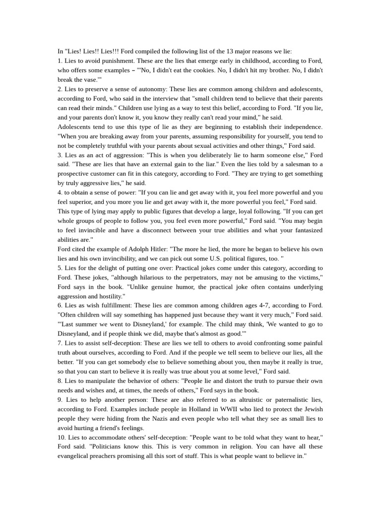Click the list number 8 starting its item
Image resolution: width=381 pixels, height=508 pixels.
coord(60,381)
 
